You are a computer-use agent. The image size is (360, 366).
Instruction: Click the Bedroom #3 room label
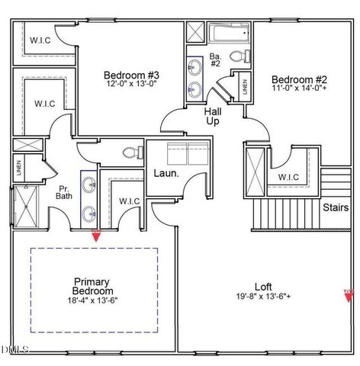pos(131,75)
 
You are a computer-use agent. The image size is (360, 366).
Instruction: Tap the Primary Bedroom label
pos(93,286)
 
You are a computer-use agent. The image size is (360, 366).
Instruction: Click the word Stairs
pos(336,207)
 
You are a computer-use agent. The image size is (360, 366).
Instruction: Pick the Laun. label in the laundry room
pos(166,173)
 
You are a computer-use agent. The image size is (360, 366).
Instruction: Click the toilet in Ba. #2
pos(238,56)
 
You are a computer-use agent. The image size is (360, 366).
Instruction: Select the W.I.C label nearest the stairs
pos(289,178)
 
